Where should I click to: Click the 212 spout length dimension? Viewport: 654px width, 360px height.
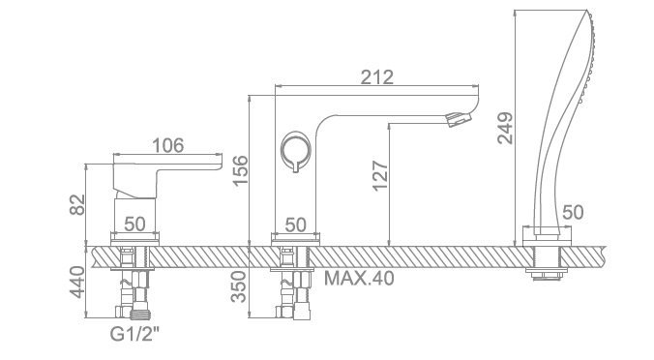click(x=376, y=77)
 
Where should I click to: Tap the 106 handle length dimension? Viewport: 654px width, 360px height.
click(x=167, y=145)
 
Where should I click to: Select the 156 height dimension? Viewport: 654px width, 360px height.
click(x=240, y=170)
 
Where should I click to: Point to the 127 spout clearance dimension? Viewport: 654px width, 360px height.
click(x=379, y=175)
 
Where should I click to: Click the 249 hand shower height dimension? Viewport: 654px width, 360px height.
click(x=505, y=128)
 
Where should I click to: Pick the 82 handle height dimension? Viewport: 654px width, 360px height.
click(x=77, y=204)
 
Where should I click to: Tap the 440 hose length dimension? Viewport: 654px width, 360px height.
click(x=76, y=283)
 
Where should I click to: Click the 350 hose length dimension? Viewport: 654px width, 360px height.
click(x=239, y=286)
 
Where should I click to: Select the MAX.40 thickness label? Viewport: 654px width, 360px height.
click(x=359, y=279)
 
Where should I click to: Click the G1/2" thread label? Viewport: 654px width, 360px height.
click(x=134, y=334)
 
